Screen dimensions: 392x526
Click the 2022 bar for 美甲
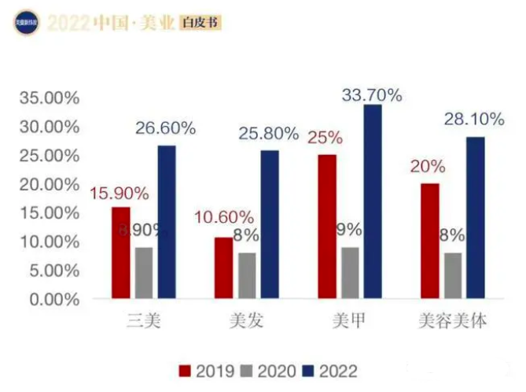point(372,202)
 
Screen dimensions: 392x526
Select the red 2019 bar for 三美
point(121,253)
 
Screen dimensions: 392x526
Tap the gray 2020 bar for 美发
point(248,276)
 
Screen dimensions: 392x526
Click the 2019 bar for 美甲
point(327,227)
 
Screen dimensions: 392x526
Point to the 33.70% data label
point(372,95)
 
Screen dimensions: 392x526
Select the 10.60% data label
point(225,217)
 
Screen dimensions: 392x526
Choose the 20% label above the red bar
point(428,167)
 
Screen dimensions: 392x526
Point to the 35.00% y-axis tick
point(49,98)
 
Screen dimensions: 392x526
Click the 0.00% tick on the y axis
point(53,299)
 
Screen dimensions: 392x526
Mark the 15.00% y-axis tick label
point(49,213)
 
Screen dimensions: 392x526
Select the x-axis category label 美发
point(247,321)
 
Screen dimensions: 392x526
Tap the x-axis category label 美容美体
point(451,321)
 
